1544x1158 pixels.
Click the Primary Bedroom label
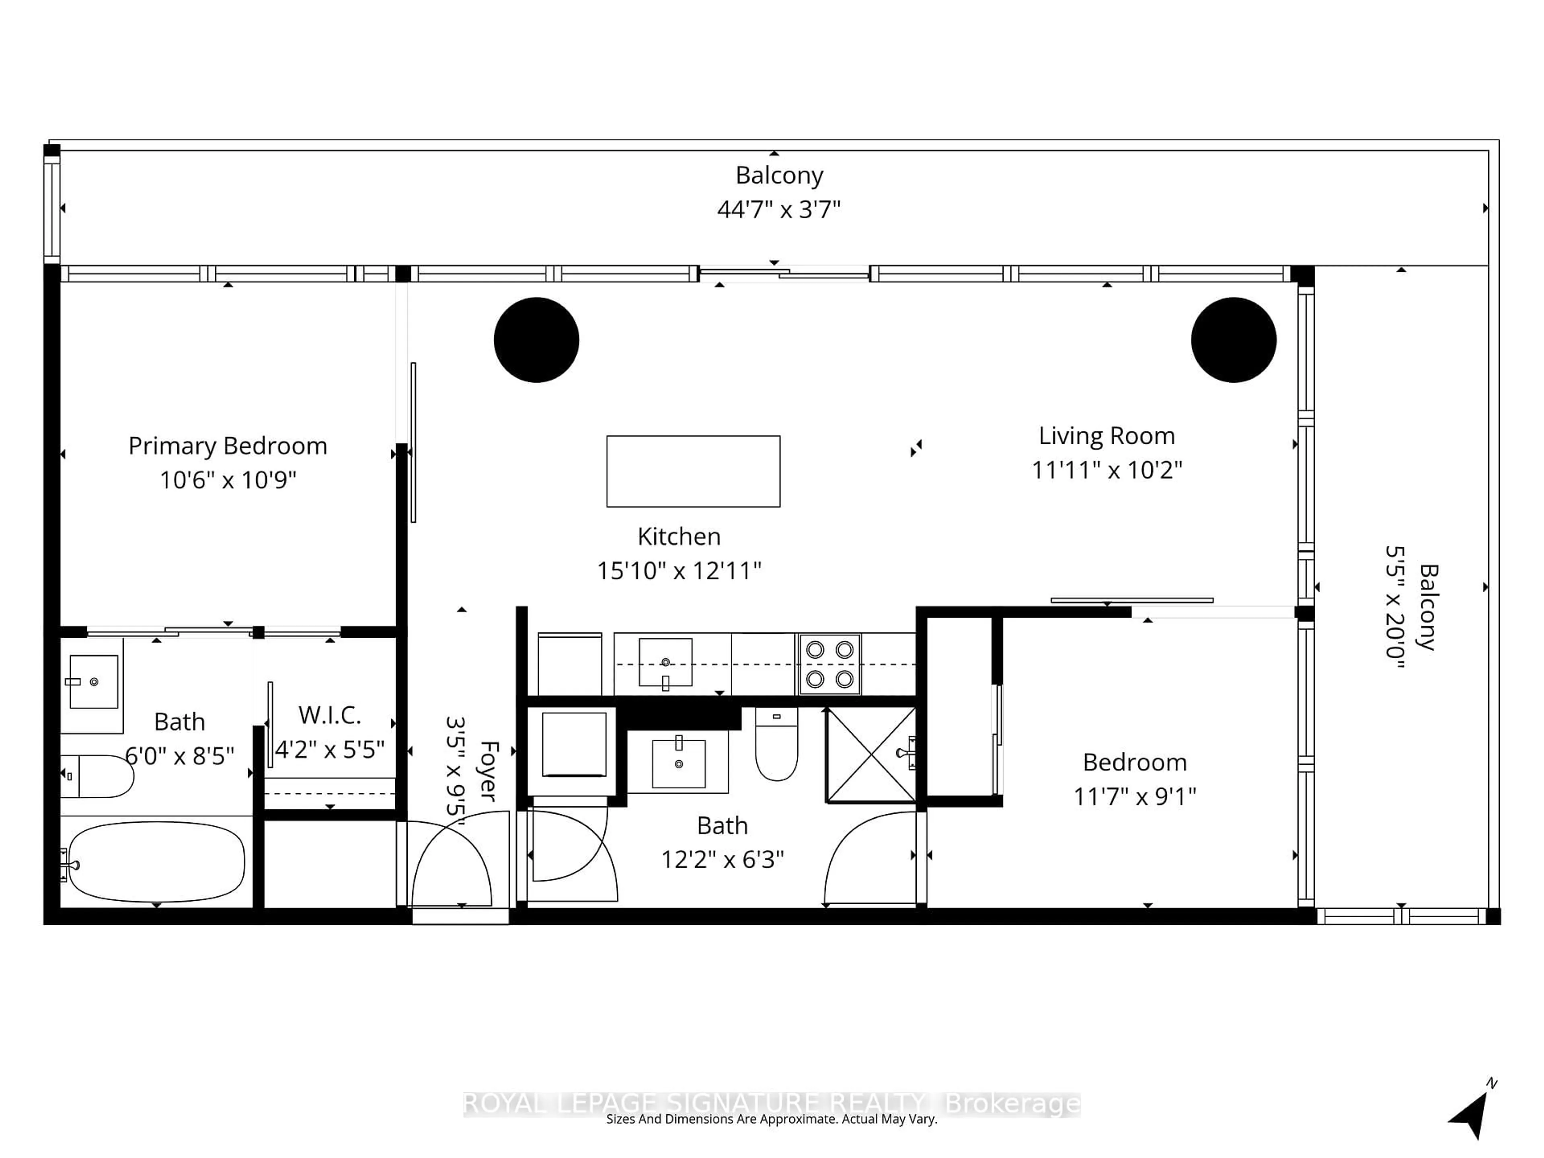point(228,446)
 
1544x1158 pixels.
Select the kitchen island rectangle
point(693,471)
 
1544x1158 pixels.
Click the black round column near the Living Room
point(1233,340)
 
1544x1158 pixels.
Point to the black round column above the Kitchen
point(536,340)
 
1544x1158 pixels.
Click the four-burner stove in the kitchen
point(829,664)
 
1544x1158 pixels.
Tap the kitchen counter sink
point(665,662)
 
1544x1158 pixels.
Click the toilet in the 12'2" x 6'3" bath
point(776,747)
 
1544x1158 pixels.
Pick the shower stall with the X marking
point(871,755)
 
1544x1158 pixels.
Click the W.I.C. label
point(329,715)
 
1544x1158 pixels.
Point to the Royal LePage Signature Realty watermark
point(771,1104)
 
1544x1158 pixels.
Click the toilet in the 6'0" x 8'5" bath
point(98,776)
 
